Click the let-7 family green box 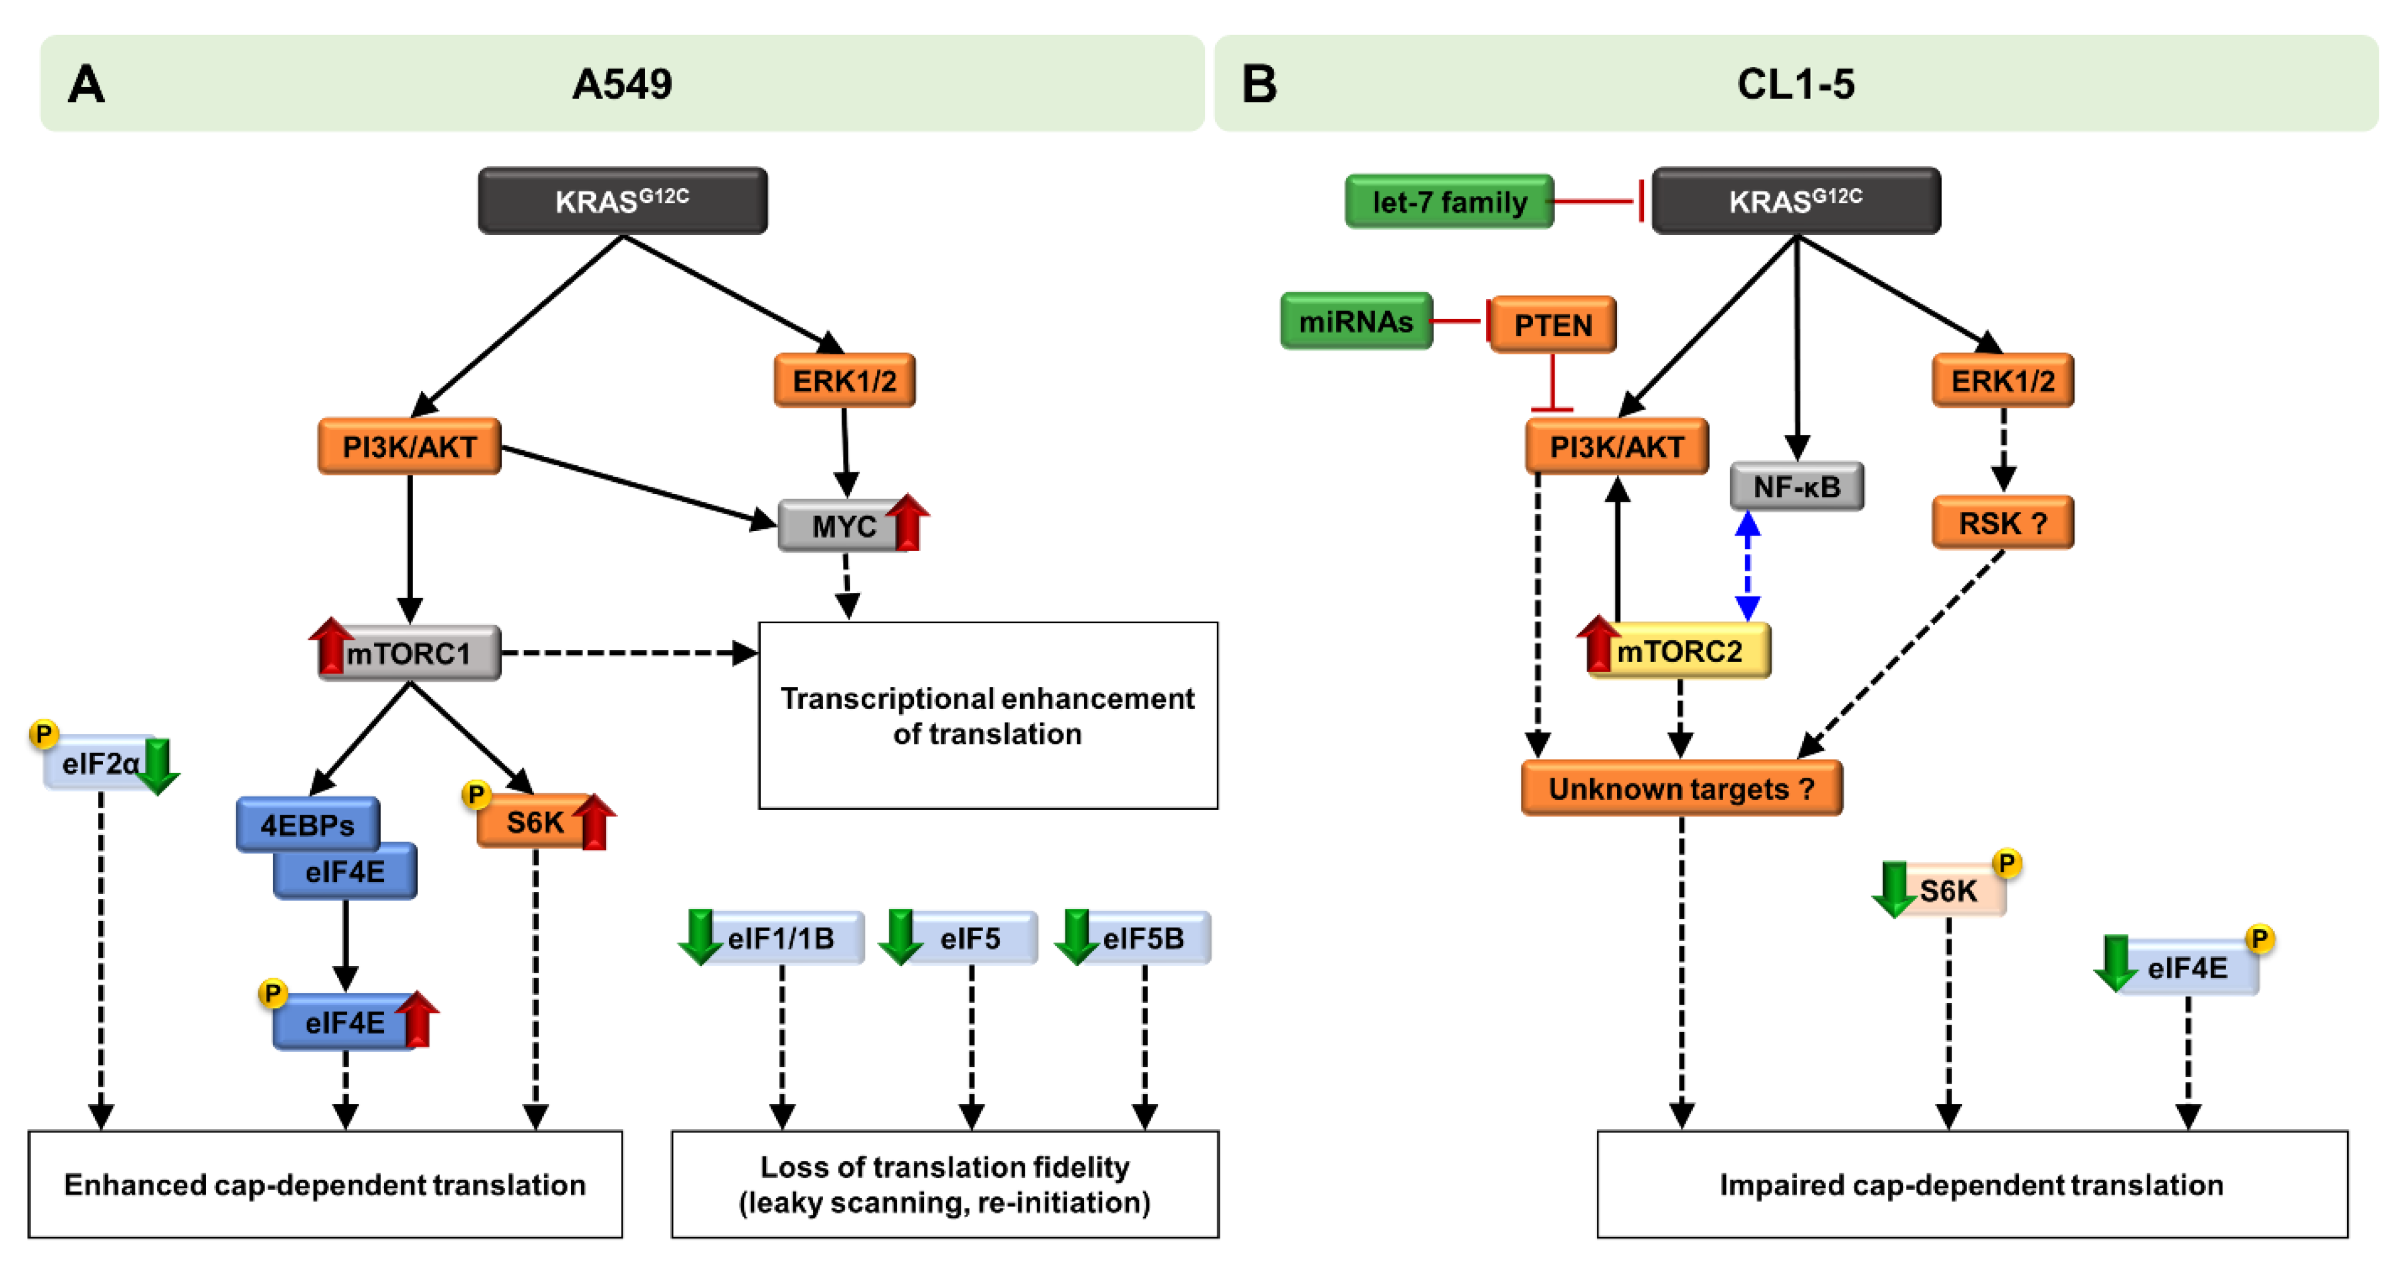click(1448, 202)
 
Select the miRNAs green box click(1356, 321)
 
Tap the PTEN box click(1553, 325)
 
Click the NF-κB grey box click(1796, 487)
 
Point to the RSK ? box click(2002, 523)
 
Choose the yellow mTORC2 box click(1680, 651)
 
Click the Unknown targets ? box click(1680, 789)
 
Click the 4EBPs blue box click(307, 824)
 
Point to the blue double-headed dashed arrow click(1747, 567)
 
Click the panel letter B click(1259, 84)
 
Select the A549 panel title click(622, 84)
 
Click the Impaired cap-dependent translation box click(1971, 1184)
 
